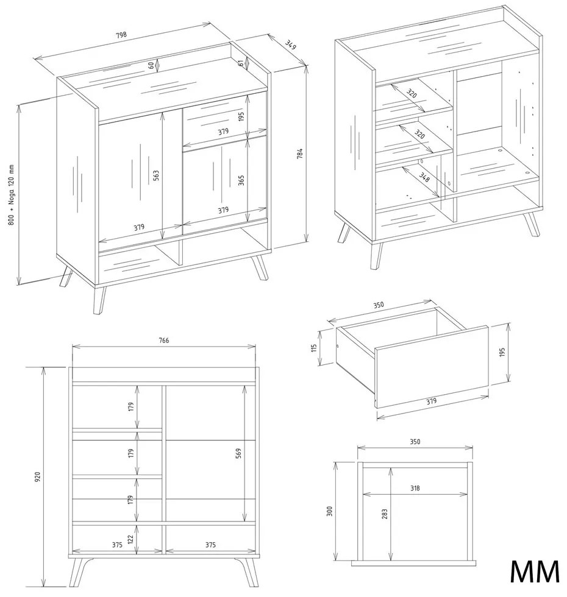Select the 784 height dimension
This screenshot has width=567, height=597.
[300, 154]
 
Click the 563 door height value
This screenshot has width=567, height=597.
[157, 175]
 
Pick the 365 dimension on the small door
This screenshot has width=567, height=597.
[241, 180]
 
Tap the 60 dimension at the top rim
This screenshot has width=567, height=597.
[151, 65]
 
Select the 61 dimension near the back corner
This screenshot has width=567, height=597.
[241, 62]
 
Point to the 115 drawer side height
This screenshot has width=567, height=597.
[314, 348]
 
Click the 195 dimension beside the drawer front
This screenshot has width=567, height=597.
[502, 353]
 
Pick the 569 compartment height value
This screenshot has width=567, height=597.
[238, 453]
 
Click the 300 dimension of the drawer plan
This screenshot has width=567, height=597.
[330, 510]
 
